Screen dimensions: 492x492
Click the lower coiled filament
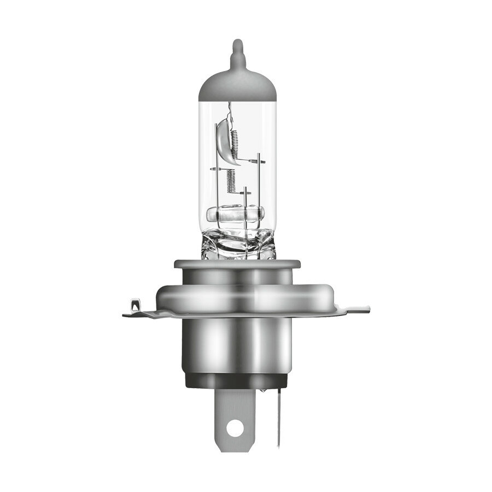click(230, 180)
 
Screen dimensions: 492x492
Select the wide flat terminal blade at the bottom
click(236, 415)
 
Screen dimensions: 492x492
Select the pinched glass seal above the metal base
click(237, 243)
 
